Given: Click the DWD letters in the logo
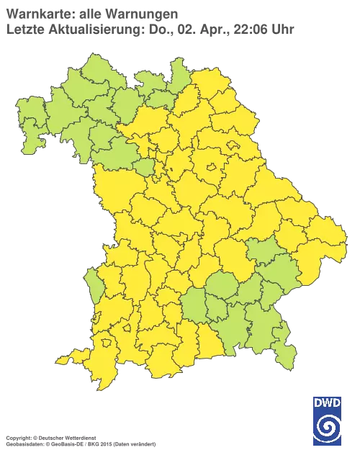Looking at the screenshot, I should [326, 402].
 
